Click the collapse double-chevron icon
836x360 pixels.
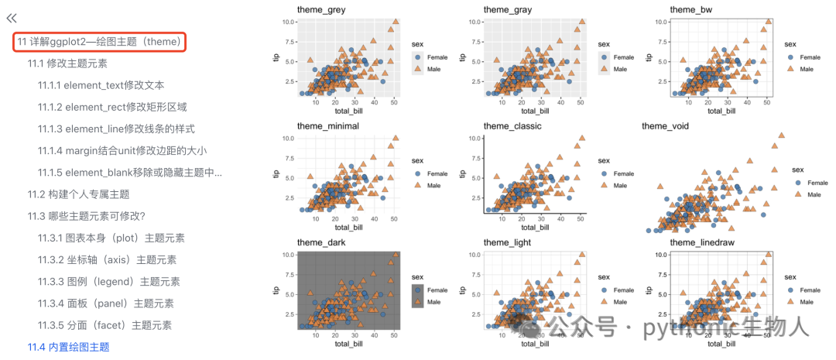click(x=12, y=18)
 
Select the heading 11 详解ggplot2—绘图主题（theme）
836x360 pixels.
click(x=100, y=42)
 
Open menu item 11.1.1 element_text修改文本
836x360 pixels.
click(x=101, y=85)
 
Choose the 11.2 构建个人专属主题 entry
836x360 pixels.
click(x=79, y=194)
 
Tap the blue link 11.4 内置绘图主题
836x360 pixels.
click(x=68, y=347)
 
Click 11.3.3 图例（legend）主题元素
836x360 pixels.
click(x=109, y=282)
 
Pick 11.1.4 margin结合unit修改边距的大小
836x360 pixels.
click(x=122, y=151)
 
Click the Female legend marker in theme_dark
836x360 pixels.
click(x=418, y=290)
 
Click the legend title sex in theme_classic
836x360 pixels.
click(x=604, y=160)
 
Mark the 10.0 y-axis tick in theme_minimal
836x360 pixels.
click(x=288, y=138)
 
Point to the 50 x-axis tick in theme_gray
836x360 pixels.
click(x=580, y=102)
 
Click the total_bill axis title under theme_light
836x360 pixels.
click(x=535, y=344)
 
